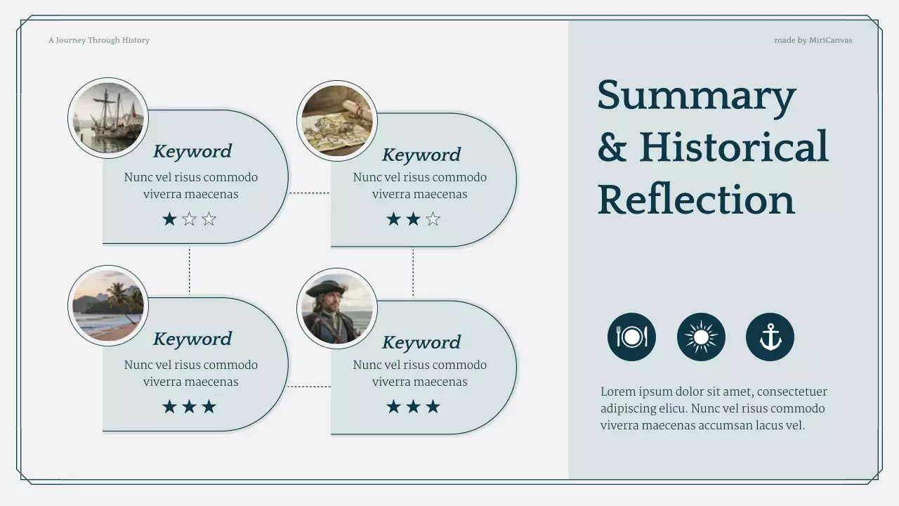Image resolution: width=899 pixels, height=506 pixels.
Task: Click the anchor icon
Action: pos(770,337)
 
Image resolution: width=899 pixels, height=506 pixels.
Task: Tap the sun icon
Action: pos(701,337)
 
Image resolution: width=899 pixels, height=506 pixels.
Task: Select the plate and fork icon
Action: pos(631,337)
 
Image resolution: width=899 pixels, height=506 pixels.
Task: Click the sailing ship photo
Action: pos(108,118)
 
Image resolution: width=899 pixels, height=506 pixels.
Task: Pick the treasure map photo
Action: pos(337,121)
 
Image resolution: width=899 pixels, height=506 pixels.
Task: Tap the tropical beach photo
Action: pos(108,306)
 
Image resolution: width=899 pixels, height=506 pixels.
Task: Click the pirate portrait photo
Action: pos(337,309)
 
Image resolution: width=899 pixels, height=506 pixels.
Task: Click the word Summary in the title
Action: pos(696,96)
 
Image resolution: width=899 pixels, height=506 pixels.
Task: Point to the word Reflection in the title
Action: pos(696,200)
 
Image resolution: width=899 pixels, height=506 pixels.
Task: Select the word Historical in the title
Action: pos(733,148)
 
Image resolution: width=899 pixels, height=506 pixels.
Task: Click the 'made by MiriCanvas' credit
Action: pos(813,41)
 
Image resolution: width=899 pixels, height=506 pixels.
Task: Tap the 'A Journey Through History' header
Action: pos(99,41)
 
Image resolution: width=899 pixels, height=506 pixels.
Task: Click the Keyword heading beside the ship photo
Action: pos(192,151)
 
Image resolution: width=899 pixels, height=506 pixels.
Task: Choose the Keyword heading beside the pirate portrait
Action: pos(421,342)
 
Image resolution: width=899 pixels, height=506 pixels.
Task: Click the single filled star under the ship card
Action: pos(169,219)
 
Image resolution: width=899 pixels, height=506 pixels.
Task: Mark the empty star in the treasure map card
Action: pos(433,219)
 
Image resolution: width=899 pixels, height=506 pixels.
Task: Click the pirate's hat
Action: pos(327,288)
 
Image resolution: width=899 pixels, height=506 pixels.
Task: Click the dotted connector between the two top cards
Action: pos(309,193)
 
